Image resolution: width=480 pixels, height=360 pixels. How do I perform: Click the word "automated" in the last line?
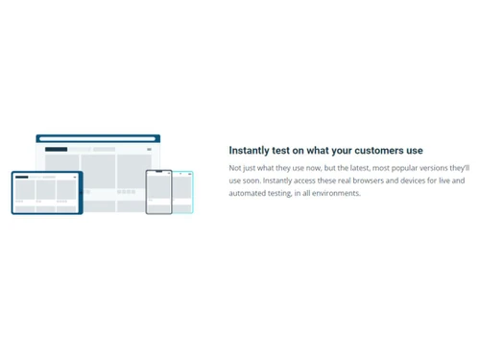[249, 193]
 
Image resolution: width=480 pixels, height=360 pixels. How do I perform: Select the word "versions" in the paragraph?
[435, 168]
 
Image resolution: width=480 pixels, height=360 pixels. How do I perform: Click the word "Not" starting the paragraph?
[235, 168]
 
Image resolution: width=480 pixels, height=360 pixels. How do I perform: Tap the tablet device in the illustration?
[46, 192]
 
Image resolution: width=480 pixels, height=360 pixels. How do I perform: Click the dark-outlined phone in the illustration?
[158, 192]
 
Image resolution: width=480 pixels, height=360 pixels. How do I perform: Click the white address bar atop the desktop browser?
[97, 139]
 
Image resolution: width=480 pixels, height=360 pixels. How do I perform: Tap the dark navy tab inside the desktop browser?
[57, 150]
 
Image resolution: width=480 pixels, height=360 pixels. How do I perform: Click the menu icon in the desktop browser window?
[149, 150]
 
